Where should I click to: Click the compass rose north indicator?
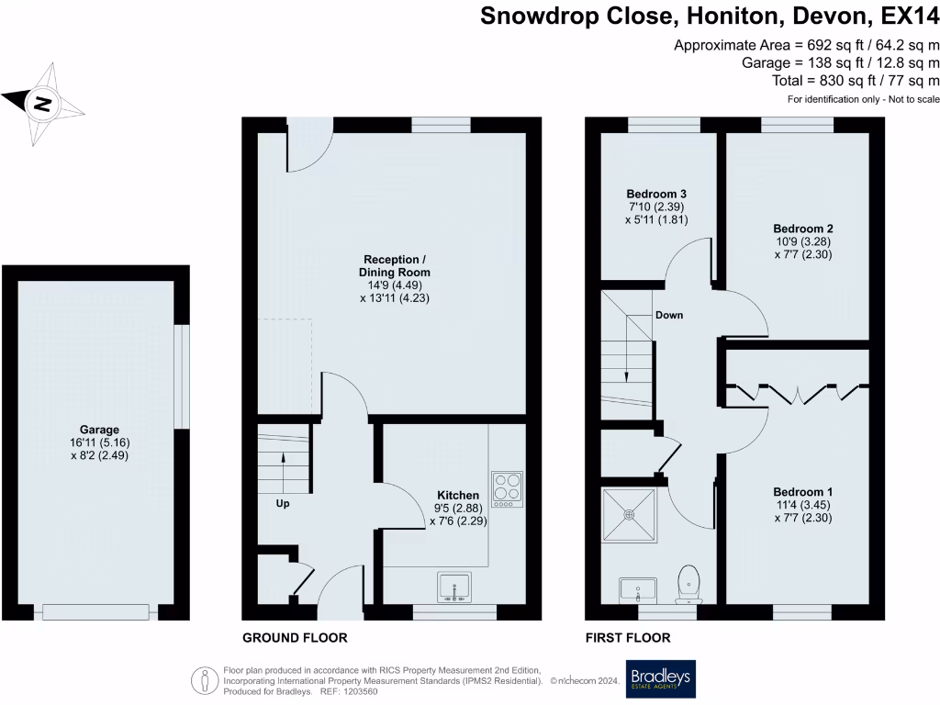[42, 104]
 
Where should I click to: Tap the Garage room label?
[99, 429]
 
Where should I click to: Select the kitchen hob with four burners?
[506, 488]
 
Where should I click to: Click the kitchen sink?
[454, 587]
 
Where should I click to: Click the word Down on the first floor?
[668, 315]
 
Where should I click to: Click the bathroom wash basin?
[638, 588]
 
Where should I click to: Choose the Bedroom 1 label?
[803, 491]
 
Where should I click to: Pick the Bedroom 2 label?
[803, 229]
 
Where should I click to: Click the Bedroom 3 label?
[656, 195]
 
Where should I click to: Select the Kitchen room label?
[457, 494]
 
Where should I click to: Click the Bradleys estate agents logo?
[660, 679]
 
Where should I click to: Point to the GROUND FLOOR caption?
[295, 637]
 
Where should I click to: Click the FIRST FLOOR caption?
[628, 637]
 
